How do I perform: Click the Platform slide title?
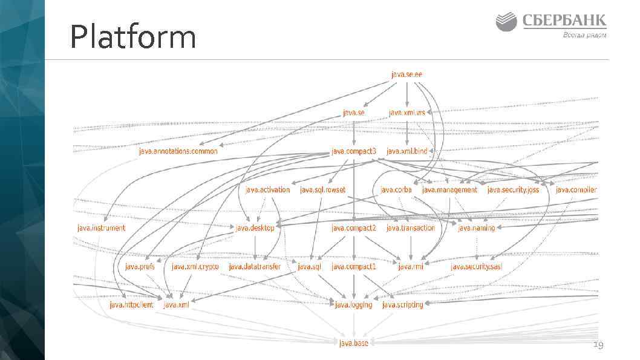point(133,38)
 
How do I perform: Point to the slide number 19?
point(598,345)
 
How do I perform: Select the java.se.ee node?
point(407,74)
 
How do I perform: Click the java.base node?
point(353,344)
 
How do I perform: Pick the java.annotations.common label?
point(178,151)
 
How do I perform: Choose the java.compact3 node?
point(354,151)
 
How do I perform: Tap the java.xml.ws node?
point(407,113)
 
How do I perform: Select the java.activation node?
point(268,190)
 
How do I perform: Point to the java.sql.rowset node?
point(322,190)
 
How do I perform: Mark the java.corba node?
point(396,190)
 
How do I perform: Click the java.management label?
point(449,190)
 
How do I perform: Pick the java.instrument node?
point(102,228)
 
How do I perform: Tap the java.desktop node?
point(255,228)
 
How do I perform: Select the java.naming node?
point(477,228)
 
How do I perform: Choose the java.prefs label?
point(140,266)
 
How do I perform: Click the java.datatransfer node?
point(255,266)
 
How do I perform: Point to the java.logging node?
point(354,305)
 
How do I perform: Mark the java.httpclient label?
point(132,305)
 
